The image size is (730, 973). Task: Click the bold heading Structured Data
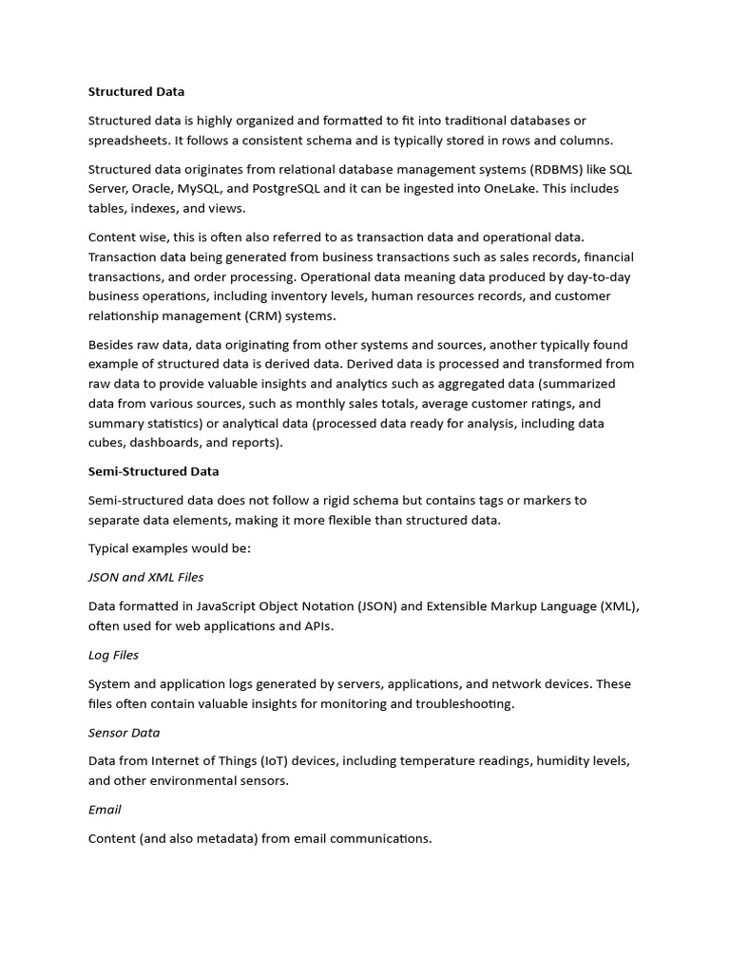tap(136, 92)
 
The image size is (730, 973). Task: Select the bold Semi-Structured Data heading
tap(153, 471)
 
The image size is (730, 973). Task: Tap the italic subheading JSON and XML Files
tap(145, 577)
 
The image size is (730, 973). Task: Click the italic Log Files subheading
tap(113, 655)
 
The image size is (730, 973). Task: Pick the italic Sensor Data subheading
tap(124, 733)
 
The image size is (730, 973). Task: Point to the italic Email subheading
tap(105, 810)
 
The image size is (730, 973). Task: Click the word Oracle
tap(148, 188)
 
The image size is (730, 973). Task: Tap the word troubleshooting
tap(456, 704)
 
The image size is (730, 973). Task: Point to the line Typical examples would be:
tap(169, 549)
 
